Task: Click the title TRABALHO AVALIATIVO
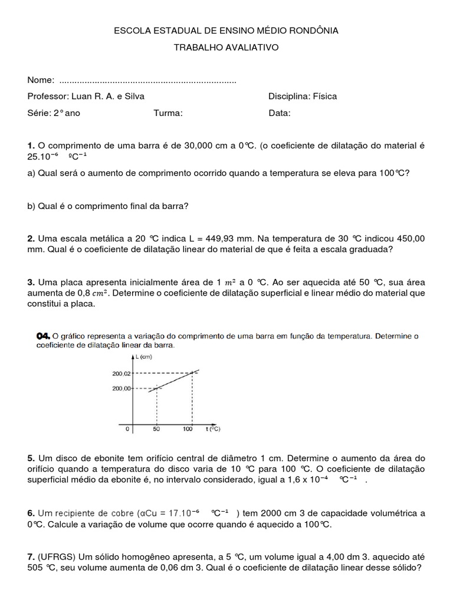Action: pos(226,47)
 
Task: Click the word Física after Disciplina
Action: pos(325,97)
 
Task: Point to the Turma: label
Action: pos(168,113)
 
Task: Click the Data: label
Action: pos(280,113)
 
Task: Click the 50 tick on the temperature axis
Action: pos(156,429)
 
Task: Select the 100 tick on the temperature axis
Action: pos(188,429)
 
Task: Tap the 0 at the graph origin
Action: pos(127,429)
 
